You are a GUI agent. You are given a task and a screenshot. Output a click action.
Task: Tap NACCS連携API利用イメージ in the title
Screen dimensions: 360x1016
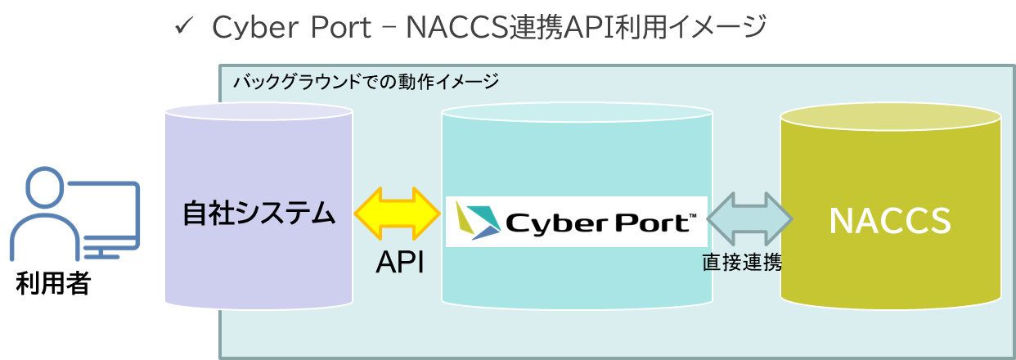coord(586,28)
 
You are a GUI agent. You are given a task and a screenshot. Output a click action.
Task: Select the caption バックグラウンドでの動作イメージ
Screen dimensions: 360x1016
coord(366,82)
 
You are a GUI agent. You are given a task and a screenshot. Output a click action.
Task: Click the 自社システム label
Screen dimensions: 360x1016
coord(258,214)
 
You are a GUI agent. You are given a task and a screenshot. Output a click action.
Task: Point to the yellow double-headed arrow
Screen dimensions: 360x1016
coord(398,215)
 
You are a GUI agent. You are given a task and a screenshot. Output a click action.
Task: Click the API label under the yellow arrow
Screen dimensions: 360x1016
coord(399,263)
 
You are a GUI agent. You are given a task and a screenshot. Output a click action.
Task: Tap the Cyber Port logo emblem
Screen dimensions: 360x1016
coord(477,221)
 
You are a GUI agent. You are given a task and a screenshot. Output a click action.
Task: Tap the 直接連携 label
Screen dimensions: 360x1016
coord(742,263)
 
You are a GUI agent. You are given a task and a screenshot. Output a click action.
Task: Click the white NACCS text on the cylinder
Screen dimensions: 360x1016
coord(890,219)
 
